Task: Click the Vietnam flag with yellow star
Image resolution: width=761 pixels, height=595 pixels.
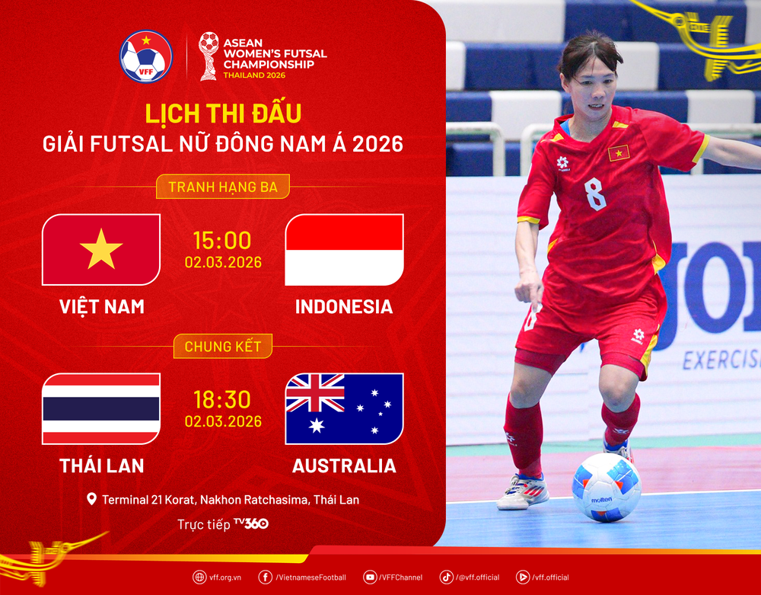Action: coord(101,249)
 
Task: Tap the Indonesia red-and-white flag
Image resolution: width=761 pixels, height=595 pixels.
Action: coord(344,249)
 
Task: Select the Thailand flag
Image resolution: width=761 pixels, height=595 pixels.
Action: coord(101,408)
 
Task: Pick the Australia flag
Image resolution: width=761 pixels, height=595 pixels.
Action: coord(344,408)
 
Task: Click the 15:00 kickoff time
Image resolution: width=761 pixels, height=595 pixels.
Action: coord(222,241)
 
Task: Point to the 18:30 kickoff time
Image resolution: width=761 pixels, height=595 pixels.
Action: coord(222,400)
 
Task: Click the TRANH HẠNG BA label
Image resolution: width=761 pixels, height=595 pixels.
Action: coord(222,187)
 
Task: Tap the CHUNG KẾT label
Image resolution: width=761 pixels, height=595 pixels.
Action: coord(222,346)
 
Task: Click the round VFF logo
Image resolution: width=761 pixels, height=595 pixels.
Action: coord(146,56)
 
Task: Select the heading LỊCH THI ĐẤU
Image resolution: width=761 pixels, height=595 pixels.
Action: coord(222,113)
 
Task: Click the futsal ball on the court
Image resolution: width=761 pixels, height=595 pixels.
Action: coord(606,487)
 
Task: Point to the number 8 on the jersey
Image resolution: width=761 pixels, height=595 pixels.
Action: coord(595,194)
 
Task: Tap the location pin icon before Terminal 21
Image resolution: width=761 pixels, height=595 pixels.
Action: coord(92,500)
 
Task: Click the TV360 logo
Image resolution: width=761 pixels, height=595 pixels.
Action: coord(250,523)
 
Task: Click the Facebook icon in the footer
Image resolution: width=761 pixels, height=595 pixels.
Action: coord(266,577)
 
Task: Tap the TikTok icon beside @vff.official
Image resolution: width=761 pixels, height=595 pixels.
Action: coord(446,577)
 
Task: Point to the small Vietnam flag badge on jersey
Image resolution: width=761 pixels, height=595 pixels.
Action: coord(618,152)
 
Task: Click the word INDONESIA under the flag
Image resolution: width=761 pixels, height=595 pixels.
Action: coord(344,306)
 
